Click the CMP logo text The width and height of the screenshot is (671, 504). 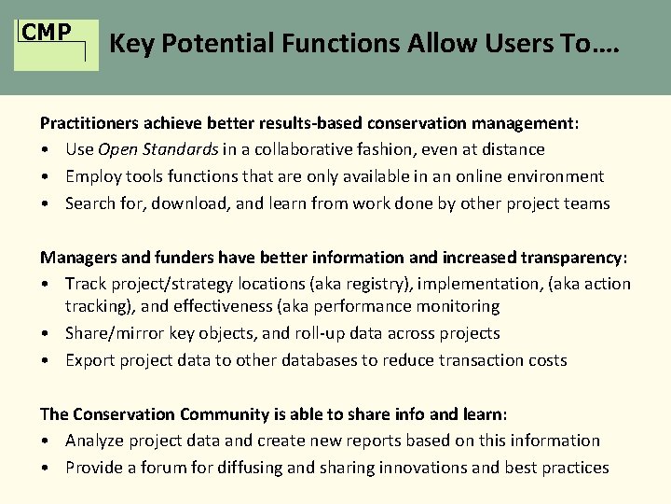pos(47,32)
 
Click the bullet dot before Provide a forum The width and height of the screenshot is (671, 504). pos(45,468)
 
